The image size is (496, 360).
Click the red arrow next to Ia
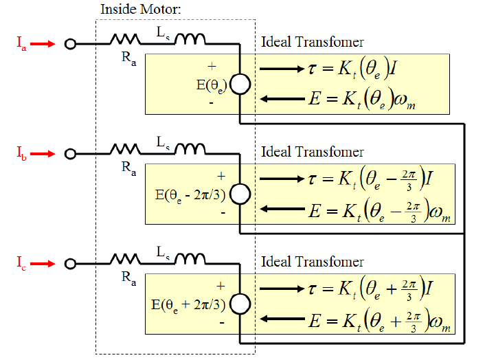click(x=43, y=44)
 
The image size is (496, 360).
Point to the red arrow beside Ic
click(x=43, y=263)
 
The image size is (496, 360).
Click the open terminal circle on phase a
click(x=69, y=44)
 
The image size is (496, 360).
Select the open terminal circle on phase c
click(x=69, y=263)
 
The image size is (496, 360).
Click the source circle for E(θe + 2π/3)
click(x=239, y=304)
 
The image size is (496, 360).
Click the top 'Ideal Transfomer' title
click(x=313, y=43)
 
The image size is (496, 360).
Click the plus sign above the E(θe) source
click(x=212, y=66)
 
